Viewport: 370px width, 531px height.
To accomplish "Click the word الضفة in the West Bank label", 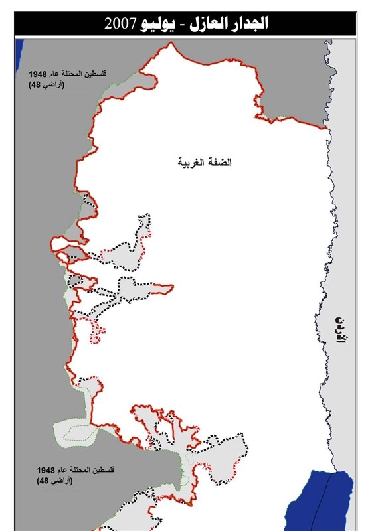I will point(225,162).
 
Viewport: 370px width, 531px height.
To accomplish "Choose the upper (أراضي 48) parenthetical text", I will point(39,86).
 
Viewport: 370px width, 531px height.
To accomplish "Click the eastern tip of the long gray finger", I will point(173,288).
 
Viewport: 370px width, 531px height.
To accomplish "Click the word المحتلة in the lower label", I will point(82,469).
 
